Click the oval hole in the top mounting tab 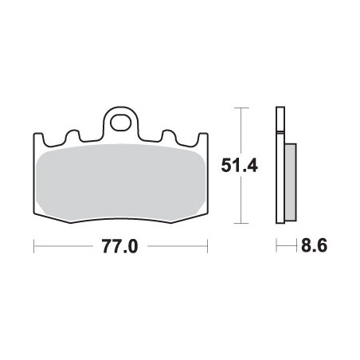pyautogui.click(x=121, y=123)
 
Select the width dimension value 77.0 pyautogui.click(x=120, y=247)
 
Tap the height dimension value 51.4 pyautogui.click(x=239, y=166)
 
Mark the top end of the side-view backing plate pyautogui.click(x=279, y=108)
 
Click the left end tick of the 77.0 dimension pyautogui.click(x=34, y=247)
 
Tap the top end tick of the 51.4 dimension pyautogui.click(x=240, y=108)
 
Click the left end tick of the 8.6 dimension pyautogui.click(x=276, y=247)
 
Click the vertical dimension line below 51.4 pyautogui.click(x=240, y=203)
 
